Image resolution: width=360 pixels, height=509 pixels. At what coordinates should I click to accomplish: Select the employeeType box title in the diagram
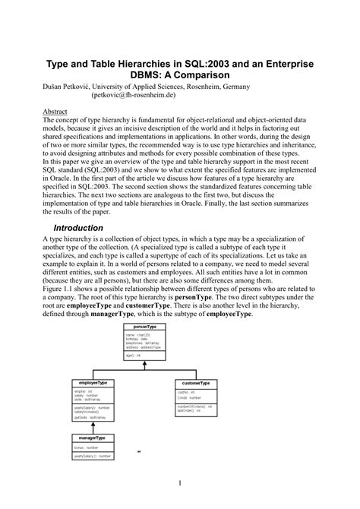coord(92,382)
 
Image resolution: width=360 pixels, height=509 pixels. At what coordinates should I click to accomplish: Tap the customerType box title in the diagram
coord(196,382)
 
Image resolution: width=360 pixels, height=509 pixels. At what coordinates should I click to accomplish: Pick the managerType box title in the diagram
coord(92,438)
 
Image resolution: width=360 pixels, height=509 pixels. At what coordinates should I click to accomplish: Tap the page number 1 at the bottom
coord(179,482)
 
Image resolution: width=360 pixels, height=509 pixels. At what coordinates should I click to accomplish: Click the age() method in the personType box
coord(131,355)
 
